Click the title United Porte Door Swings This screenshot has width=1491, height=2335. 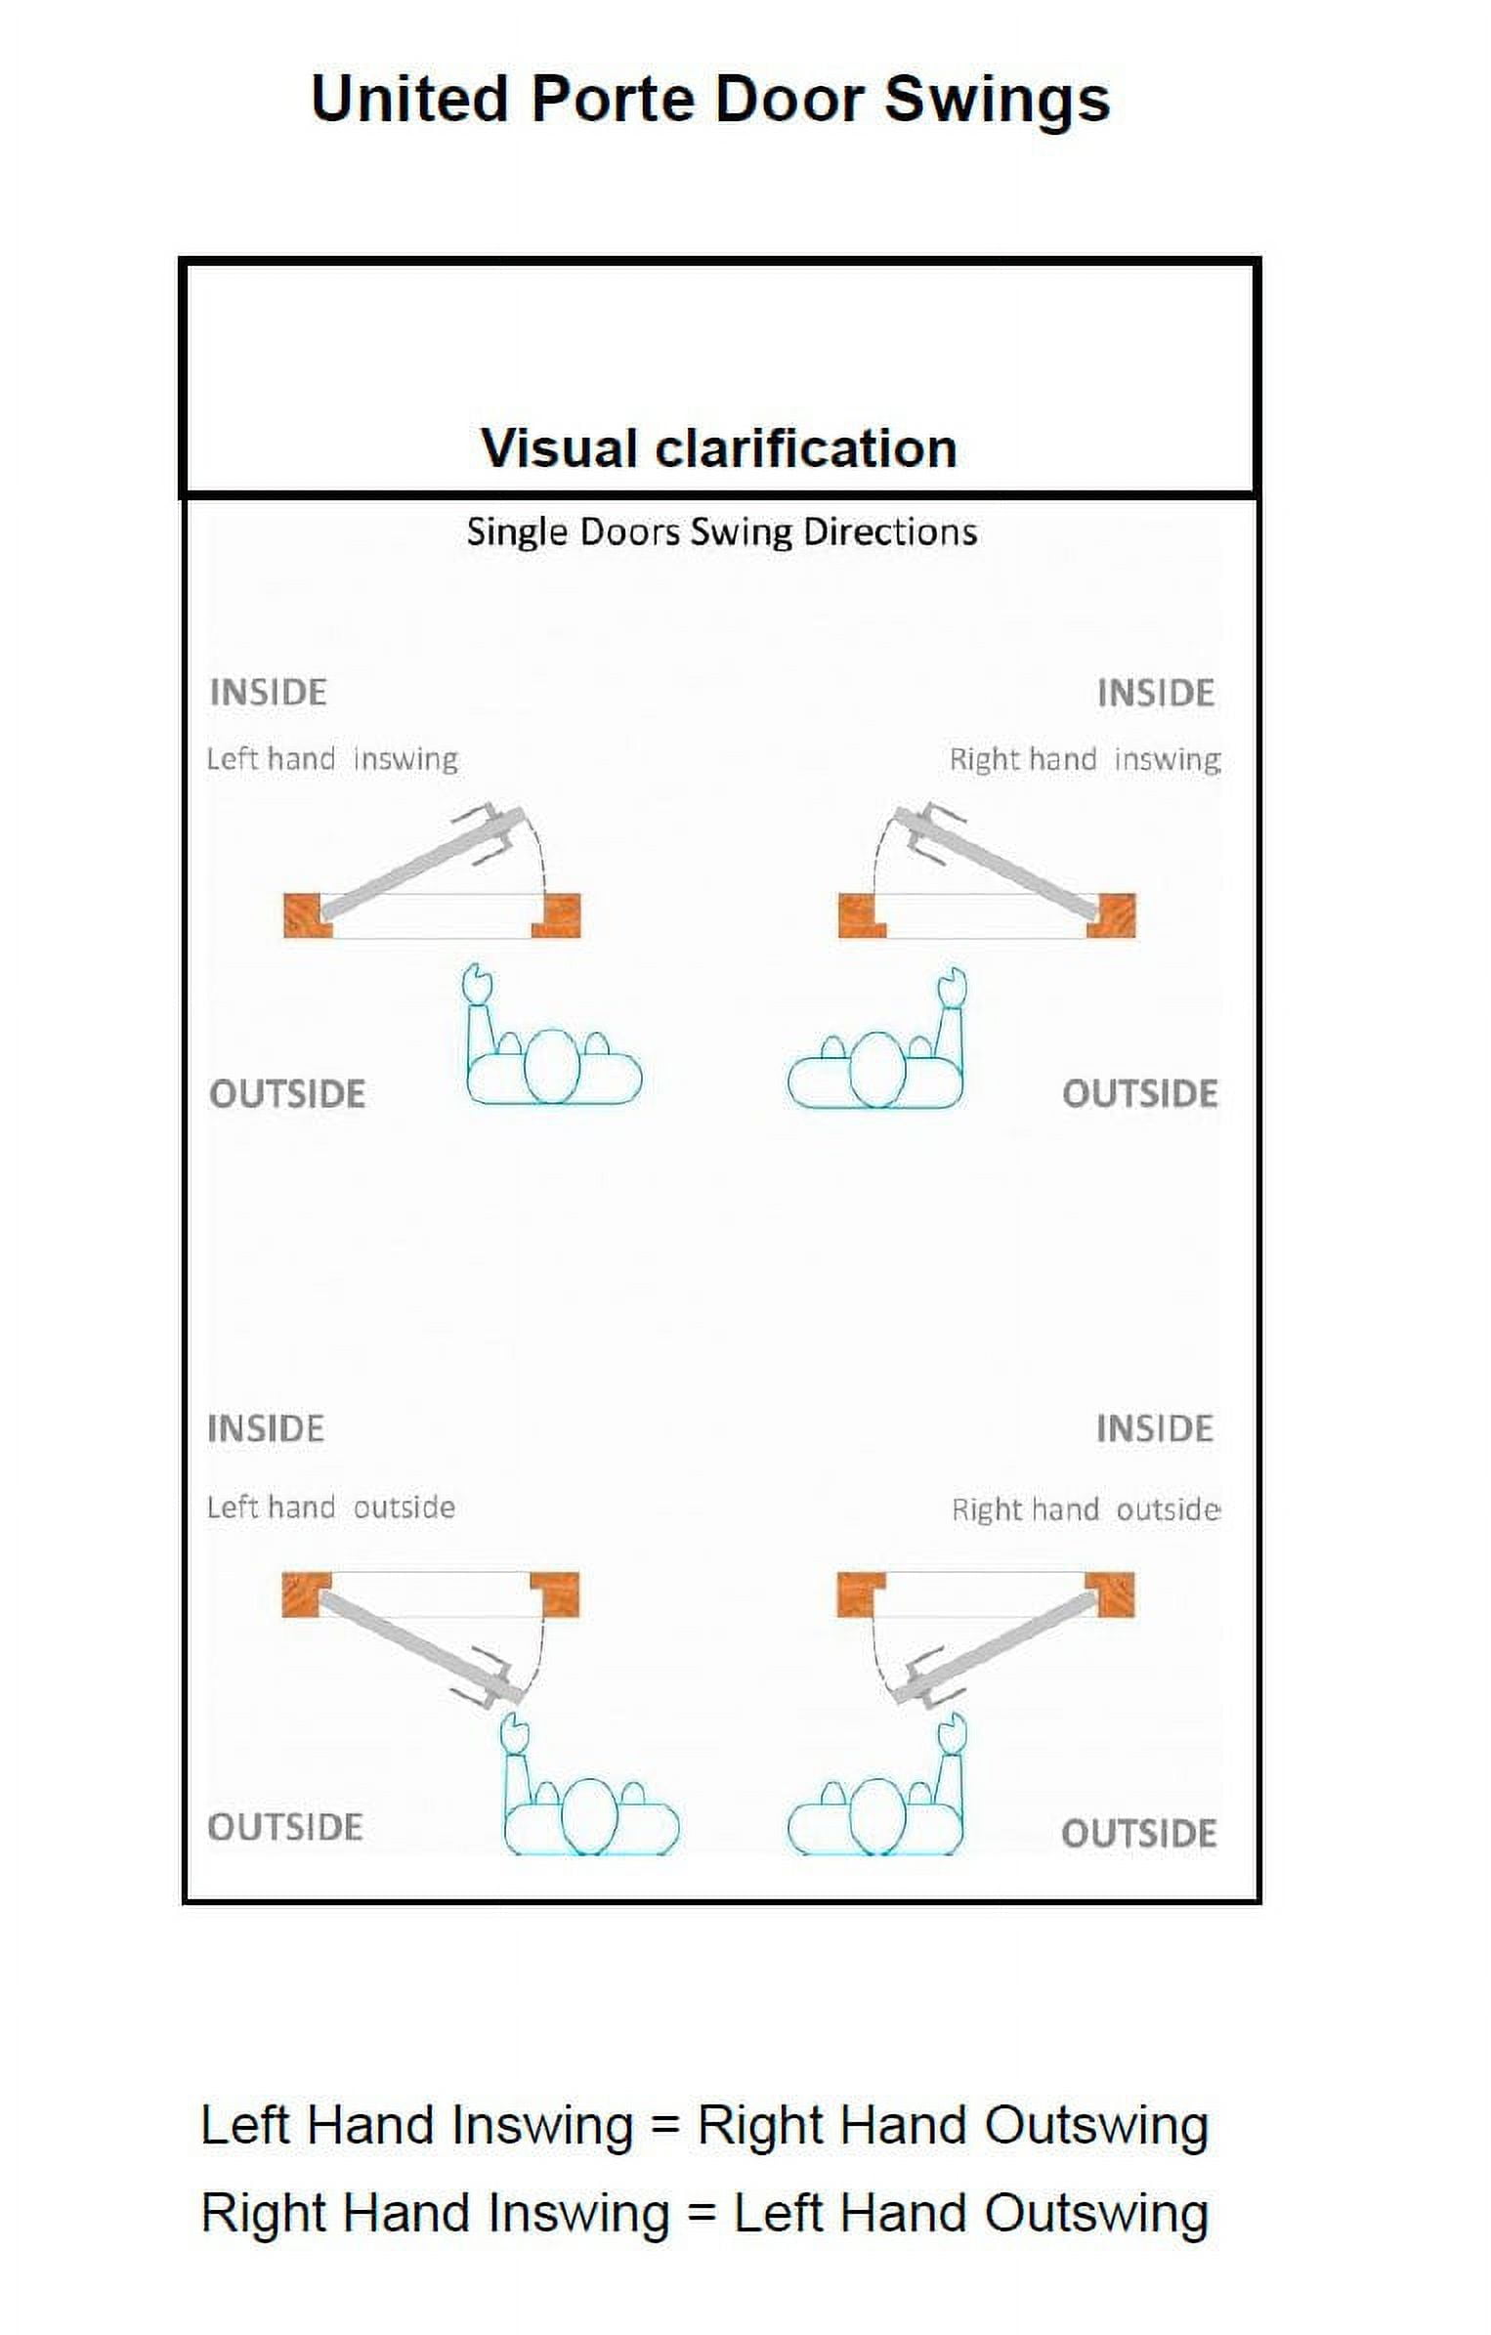(710, 100)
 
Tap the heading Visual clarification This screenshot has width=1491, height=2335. (718, 448)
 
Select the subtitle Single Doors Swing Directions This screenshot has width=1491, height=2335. (721, 532)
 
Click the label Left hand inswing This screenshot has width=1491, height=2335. (332, 759)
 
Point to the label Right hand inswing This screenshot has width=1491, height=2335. (1085, 759)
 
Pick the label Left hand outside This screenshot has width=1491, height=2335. (330, 1507)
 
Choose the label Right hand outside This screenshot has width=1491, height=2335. (1086, 1509)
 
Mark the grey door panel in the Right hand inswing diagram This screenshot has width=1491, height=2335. (1006, 864)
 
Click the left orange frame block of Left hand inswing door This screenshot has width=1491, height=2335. (306, 915)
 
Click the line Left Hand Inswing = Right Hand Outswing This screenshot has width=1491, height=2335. (704, 2125)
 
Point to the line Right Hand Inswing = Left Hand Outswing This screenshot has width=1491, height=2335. (704, 2213)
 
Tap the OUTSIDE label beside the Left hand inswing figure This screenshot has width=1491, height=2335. (287, 1094)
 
